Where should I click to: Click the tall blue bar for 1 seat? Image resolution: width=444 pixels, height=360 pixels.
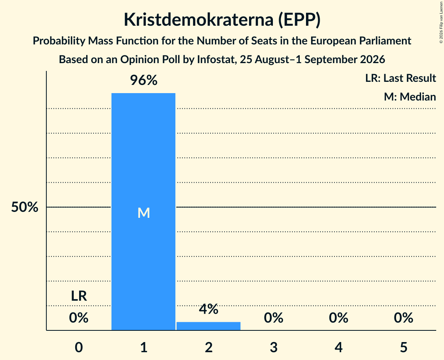[143, 212]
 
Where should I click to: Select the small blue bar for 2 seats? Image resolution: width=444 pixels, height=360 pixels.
[209, 326]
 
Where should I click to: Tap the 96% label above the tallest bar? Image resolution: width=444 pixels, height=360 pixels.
[143, 80]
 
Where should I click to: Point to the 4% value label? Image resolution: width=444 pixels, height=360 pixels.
[209, 309]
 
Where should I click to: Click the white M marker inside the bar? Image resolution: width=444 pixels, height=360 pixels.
[143, 213]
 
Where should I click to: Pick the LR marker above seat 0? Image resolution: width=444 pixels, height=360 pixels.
[79, 296]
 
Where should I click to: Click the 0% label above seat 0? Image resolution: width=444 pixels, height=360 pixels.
[79, 318]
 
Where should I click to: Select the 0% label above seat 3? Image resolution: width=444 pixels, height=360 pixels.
[274, 318]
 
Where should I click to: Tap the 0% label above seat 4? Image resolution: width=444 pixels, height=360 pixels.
[338, 318]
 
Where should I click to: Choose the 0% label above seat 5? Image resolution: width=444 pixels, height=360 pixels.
[403, 318]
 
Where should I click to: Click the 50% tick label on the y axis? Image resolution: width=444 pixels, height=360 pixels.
[25, 207]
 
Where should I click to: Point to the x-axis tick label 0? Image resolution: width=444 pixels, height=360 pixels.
[79, 347]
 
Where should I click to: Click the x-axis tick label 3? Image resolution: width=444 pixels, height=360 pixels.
[274, 347]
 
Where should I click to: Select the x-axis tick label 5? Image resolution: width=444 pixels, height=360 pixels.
[403, 347]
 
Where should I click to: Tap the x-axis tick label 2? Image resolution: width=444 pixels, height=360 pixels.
[209, 347]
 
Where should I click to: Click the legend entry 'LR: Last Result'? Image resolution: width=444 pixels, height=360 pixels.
[400, 78]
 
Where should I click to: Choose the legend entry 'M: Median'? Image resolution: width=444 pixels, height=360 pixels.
[410, 97]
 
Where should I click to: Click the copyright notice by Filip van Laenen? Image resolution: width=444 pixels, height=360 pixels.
[441, 22]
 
